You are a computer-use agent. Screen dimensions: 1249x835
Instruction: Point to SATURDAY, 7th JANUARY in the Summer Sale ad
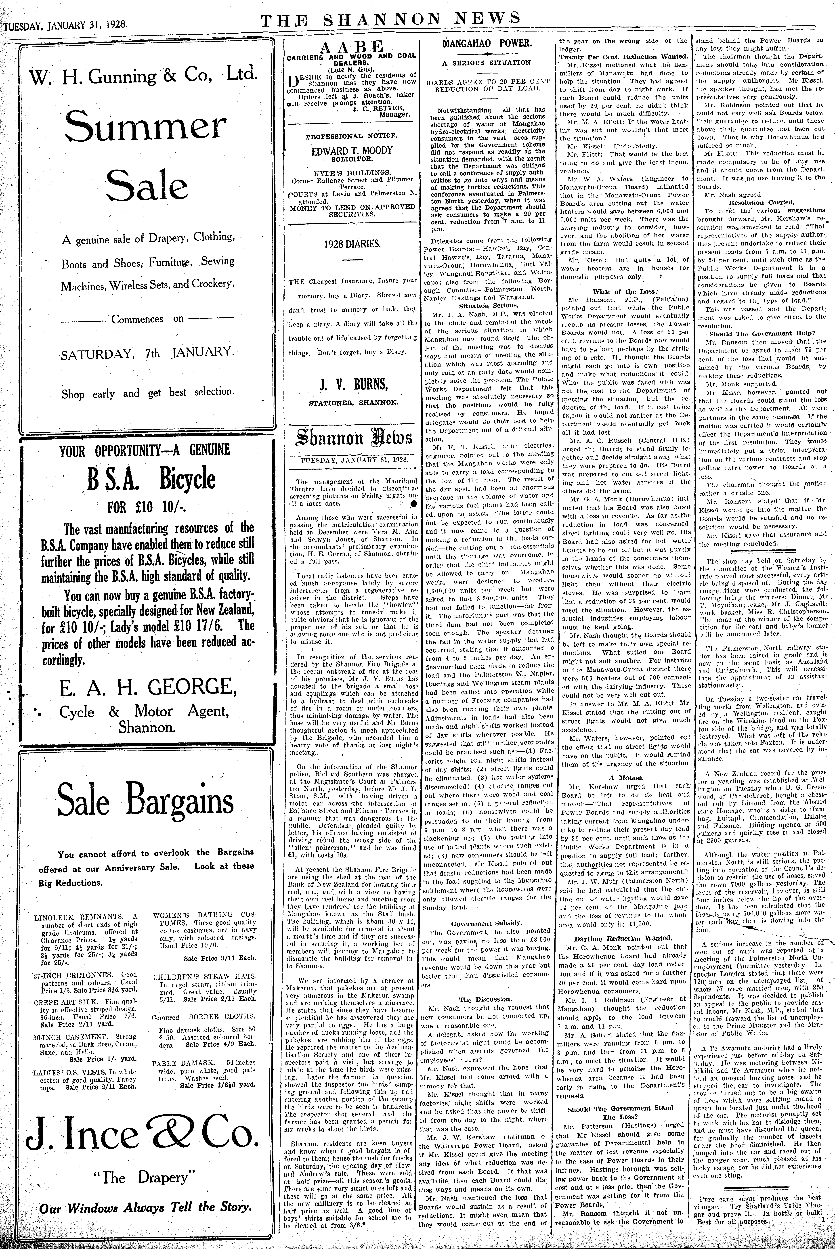tap(147, 352)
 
